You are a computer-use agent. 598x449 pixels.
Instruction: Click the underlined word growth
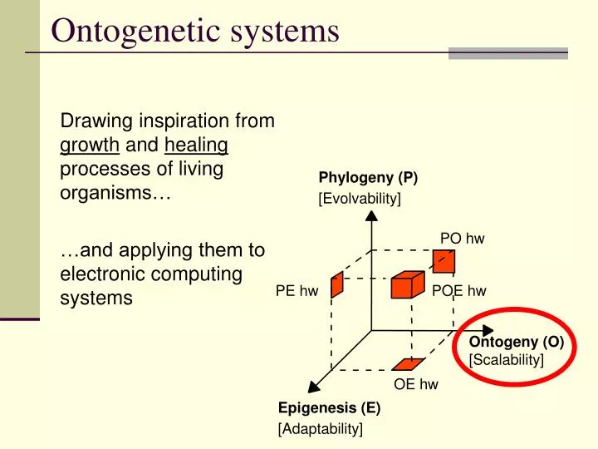(90, 146)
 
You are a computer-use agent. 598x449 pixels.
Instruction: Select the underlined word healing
(196, 146)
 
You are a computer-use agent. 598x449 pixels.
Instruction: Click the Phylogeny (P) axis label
(368, 178)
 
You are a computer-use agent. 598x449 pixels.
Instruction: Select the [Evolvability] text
(360, 198)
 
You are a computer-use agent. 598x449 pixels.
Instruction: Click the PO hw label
(462, 239)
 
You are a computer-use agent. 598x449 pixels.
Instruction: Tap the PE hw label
(297, 290)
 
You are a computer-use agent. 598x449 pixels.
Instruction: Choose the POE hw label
(458, 290)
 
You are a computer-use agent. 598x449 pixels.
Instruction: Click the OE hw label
(415, 384)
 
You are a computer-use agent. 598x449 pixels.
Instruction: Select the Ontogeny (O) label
(516, 343)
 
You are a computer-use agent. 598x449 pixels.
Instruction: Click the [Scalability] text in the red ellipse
(506, 359)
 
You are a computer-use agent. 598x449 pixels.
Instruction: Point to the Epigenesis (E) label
(329, 408)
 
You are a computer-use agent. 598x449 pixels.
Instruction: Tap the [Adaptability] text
(320, 428)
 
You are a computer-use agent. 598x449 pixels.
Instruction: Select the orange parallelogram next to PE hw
(336, 284)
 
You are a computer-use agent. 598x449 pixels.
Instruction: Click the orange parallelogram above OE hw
(408, 363)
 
